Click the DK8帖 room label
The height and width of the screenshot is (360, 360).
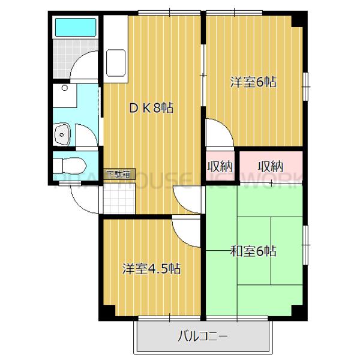click(152, 109)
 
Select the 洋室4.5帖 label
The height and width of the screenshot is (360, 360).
click(152, 268)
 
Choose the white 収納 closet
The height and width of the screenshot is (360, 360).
click(220, 166)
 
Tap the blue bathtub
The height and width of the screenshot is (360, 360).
click(76, 28)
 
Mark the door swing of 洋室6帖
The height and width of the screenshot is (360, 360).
click(220, 133)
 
